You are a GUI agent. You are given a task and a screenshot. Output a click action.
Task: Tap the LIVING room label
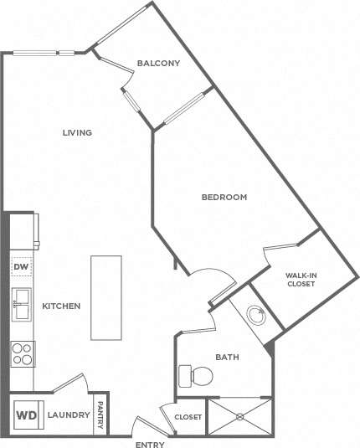tap(76, 132)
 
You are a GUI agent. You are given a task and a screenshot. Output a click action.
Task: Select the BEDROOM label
tap(224, 198)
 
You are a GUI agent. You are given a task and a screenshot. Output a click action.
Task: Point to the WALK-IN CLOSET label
tap(300, 279)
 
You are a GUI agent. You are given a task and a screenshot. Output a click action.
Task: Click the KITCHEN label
tap(61, 306)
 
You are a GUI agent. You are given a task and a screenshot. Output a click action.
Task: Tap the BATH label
tap(227, 358)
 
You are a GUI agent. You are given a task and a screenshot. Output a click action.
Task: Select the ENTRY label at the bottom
tap(149, 445)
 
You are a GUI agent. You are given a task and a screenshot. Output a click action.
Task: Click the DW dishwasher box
tap(21, 267)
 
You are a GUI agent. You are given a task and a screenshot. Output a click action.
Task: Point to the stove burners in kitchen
tap(21, 355)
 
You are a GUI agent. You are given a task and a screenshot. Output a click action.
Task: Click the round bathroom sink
tap(256, 316)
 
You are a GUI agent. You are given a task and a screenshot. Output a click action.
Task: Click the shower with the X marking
tap(241, 416)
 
